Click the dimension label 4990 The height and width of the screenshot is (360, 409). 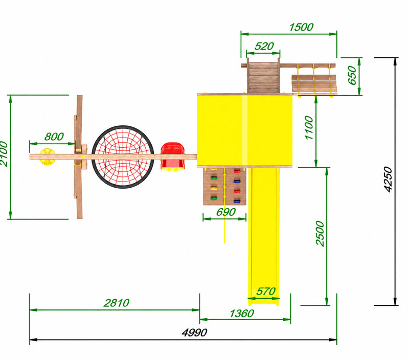[x=194, y=332]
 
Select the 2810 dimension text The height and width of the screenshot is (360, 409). [x=117, y=303]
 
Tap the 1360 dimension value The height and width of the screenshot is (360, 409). [x=242, y=313]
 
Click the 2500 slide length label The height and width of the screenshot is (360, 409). [x=320, y=234]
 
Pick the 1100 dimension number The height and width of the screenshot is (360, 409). [x=309, y=128]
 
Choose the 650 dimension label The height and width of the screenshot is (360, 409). [x=352, y=75]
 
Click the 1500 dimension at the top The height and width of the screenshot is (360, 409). [x=301, y=27]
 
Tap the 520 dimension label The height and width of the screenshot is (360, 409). [x=264, y=46]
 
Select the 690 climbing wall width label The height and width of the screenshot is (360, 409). [x=226, y=212]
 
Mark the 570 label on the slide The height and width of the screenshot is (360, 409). [x=266, y=291]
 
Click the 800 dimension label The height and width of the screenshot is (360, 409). [x=54, y=137]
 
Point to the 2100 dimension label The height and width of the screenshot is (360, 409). [x=4, y=154]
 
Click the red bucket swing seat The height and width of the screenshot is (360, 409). [x=172, y=157]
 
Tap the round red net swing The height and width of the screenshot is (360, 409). [x=123, y=157]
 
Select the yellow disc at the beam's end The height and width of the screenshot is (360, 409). [x=47, y=156]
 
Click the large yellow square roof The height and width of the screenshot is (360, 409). [x=245, y=130]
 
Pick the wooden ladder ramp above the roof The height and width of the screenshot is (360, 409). [x=263, y=78]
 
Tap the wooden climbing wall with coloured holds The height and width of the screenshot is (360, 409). [x=224, y=186]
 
